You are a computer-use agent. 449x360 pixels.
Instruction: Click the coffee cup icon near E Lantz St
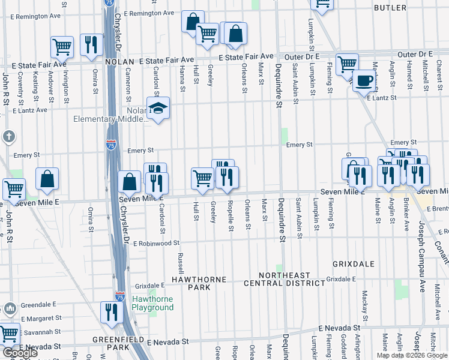pyautogui.click(x=364, y=80)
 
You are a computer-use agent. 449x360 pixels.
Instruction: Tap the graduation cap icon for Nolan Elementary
pyautogui.click(x=158, y=108)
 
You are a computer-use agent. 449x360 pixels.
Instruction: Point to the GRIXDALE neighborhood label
pyautogui.click(x=354, y=264)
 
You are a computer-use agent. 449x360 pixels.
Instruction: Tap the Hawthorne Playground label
pyautogui.click(x=152, y=304)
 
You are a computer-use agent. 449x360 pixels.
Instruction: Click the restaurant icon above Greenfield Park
pyautogui.click(x=112, y=311)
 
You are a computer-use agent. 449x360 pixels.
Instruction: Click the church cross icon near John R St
pyautogui.click(x=8, y=136)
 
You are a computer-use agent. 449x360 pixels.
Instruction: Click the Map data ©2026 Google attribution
pyautogui.click(x=412, y=355)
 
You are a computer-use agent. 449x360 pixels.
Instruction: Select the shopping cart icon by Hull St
pyautogui.click(x=202, y=178)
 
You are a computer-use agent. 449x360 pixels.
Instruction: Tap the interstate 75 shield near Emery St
pyautogui.click(x=111, y=145)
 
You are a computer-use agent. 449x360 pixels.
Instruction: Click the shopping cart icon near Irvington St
pyautogui.click(x=62, y=46)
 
